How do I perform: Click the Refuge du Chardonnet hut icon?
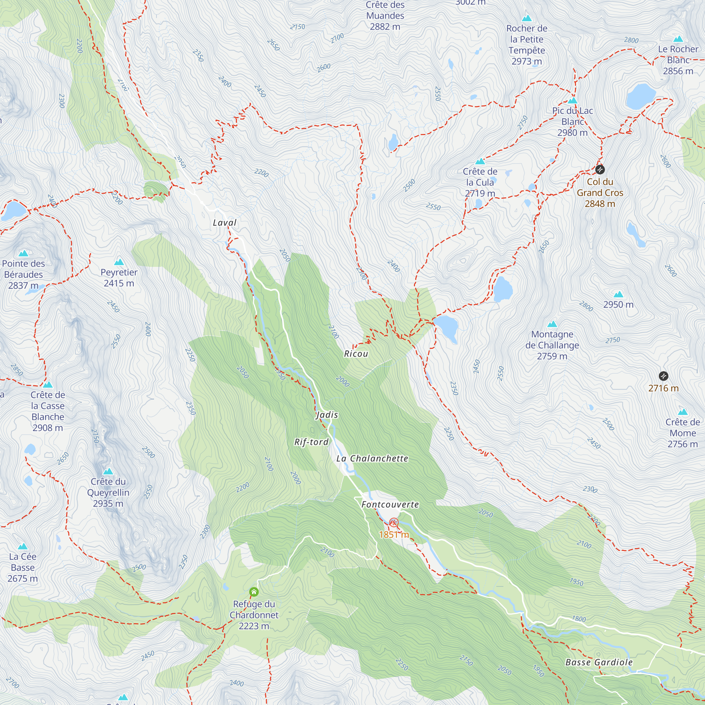pyautogui.click(x=254, y=591)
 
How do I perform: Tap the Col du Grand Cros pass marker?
pyautogui.click(x=600, y=170)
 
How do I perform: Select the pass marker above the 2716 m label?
pyautogui.click(x=663, y=376)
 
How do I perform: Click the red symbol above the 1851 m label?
pyautogui.click(x=393, y=522)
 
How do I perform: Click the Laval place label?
pyautogui.click(x=225, y=222)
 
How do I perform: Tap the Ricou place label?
pyautogui.click(x=356, y=354)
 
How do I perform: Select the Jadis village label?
pyautogui.click(x=327, y=415)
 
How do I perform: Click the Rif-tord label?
pyautogui.click(x=311, y=442)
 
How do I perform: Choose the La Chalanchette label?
pyautogui.click(x=372, y=458)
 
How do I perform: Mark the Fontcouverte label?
pyautogui.click(x=390, y=504)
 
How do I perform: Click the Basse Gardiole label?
pyautogui.click(x=599, y=662)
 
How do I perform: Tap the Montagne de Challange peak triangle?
pyautogui.click(x=552, y=324)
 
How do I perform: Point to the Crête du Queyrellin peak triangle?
pyautogui.click(x=108, y=471)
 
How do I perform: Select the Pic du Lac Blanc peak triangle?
pyautogui.click(x=572, y=100)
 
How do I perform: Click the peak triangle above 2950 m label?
pyautogui.click(x=618, y=294)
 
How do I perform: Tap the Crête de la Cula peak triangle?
pyautogui.click(x=480, y=161)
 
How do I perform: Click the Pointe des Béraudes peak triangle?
pyautogui.click(x=23, y=253)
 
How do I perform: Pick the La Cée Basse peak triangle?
pyautogui.click(x=23, y=546)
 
